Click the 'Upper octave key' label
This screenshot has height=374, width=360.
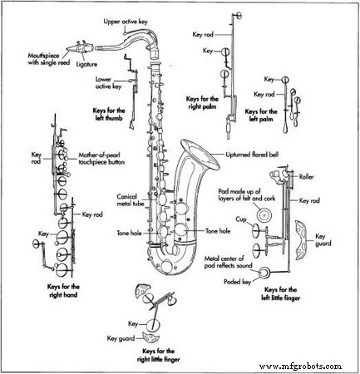(x=126, y=22)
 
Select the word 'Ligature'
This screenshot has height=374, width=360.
(x=86, y=64)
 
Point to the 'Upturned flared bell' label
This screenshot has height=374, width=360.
(x=252, y=155)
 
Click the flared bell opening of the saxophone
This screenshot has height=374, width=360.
(x=200, y=155)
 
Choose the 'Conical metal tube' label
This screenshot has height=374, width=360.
(x=131, y=200)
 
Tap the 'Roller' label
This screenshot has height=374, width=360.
(x=306, y=177)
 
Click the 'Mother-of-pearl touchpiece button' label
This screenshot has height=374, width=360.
(x=101, y=159)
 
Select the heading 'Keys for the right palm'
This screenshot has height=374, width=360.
(x=202, y=103)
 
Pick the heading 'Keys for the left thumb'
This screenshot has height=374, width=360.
(x=109, y=115)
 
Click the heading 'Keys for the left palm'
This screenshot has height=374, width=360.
(x=261, y=116)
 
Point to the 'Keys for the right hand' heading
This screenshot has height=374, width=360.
(x=63, y=291)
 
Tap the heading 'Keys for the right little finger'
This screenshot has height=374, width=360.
(x=158, y=355)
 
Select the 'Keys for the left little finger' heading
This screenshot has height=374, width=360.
(x=280, y=293)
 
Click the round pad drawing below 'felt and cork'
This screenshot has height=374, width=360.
(x=264, y=214)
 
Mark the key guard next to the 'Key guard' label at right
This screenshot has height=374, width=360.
(x=301, y=240)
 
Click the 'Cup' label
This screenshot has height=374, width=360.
(x=241, y=219)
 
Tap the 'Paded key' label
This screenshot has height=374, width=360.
(x=237, y=282)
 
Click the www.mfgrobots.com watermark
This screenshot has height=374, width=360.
(x=300, y=367)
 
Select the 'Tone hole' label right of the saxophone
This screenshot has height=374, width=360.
(x=218, y=231)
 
